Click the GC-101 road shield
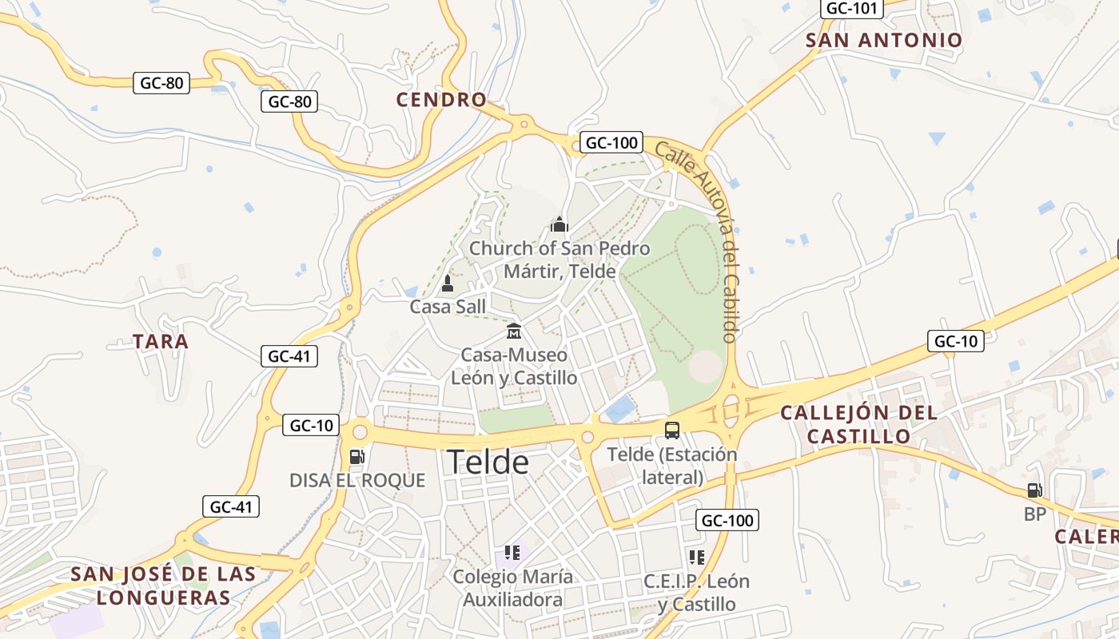coord(852,9)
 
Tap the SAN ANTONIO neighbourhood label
coord(884,40)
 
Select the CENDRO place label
coord(441,100)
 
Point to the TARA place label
coord(161,342)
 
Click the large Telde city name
coord(488,462)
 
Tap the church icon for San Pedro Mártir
coord(559,224)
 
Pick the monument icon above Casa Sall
coord(448,284)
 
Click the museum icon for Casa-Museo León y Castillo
coord(514,331)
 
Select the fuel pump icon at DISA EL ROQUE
coord(357,457)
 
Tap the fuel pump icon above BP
coord(1035,490)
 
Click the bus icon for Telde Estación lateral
coord(672,431)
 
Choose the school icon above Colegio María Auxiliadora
coord(512,553)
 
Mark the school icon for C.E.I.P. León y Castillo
coord(697,557)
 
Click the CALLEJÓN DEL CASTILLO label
coord(858,424)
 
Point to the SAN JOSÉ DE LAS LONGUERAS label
coord(163,585)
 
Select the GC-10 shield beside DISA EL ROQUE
coord(311,426)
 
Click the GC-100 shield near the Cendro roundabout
coord(611,143)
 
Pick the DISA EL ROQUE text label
coord(357,480)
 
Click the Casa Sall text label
coord(448,307)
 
